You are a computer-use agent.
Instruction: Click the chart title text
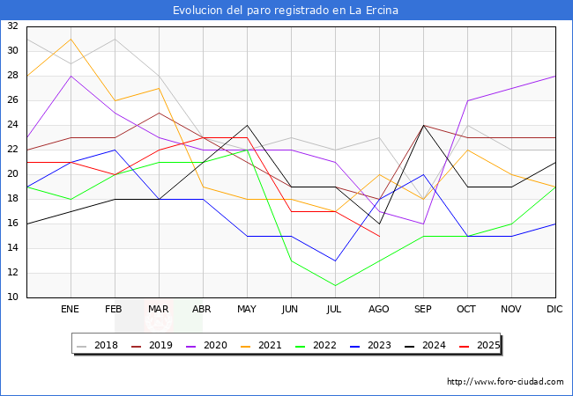pos(286,11)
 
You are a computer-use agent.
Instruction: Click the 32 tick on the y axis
pos(12,26)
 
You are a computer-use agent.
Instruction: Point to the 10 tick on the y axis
pos(12,297)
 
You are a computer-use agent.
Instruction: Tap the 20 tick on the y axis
pos(12,174)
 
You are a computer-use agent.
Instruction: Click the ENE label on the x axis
pos(71,310)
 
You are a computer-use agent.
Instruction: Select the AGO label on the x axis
pos(379,310)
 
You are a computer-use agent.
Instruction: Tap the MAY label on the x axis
pos(247,310)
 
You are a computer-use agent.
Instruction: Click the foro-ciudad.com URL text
pos(505,382)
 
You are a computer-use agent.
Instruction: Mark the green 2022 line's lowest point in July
pos(335,285)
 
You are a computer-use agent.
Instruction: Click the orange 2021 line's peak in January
pos(71,39)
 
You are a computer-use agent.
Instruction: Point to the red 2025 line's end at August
pos(379,236)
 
